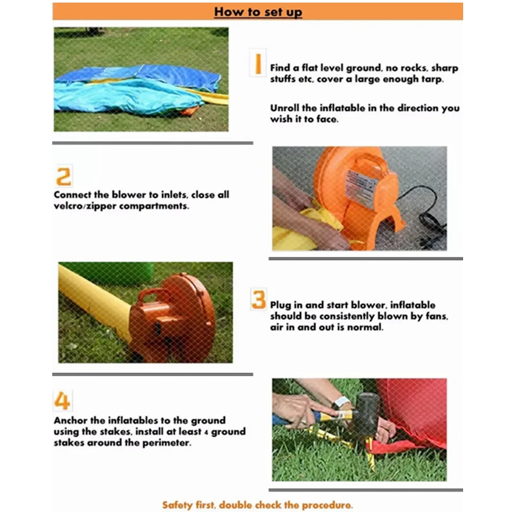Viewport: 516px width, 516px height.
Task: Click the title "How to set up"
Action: tap(258, 12)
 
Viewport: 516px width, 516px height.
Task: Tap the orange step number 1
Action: tap(258, 63)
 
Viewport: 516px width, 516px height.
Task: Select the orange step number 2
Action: tap(63, 176)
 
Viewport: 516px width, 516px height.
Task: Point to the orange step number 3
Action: tap(259, 299)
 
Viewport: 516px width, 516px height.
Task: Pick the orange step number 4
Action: tap(62, 401)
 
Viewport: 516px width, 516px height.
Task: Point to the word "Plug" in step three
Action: tap(281, 305)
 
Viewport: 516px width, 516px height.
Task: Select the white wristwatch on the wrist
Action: tap(341, 402)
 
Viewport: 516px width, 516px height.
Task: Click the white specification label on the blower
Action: tap(361, 187)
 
